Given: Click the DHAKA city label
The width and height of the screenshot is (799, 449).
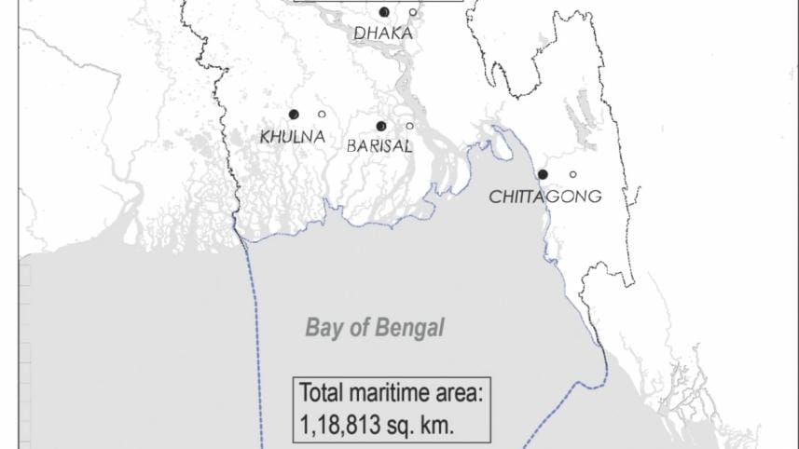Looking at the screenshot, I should pyautogui.click(x=382, y=34).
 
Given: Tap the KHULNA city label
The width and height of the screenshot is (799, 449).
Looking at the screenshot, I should pyautogui.click(x=293, y=137).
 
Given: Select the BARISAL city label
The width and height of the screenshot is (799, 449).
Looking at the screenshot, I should pyautogui.click(x=379, y=146).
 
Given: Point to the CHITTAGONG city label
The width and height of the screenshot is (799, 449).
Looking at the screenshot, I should pyautogui.click(x=545, y=197).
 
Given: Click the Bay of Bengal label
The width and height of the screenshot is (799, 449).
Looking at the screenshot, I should pyautogui.click(x=375, y=328).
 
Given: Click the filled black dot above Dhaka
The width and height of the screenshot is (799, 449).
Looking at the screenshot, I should pyautogui.click(x=384, y=12).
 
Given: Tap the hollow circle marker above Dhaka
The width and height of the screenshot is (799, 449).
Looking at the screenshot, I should pyautogui.click(x=413, y=12).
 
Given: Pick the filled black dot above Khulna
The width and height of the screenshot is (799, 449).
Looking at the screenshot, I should pyautogui.click(x=294, y=115).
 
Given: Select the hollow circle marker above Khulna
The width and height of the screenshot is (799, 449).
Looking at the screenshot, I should pyautogui.click(x=322, y=115).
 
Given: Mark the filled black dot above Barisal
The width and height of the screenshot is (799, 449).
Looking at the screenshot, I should pyautogui.click(x=380, y=126).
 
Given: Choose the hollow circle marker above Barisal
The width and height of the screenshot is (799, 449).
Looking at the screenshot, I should pyautogui.click(x=409, y=126).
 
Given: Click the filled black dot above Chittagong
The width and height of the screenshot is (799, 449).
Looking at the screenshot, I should pyautogui.click(x=544, y=174).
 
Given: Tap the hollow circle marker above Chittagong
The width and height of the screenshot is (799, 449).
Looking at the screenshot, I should pyautogui.click(x=572, y=174).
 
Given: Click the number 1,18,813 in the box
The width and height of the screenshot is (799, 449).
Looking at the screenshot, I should pyautogui.click(x=338, y=425).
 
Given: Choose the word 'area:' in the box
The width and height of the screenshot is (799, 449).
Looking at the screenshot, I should pyautogui.click(x=461, y=393).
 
